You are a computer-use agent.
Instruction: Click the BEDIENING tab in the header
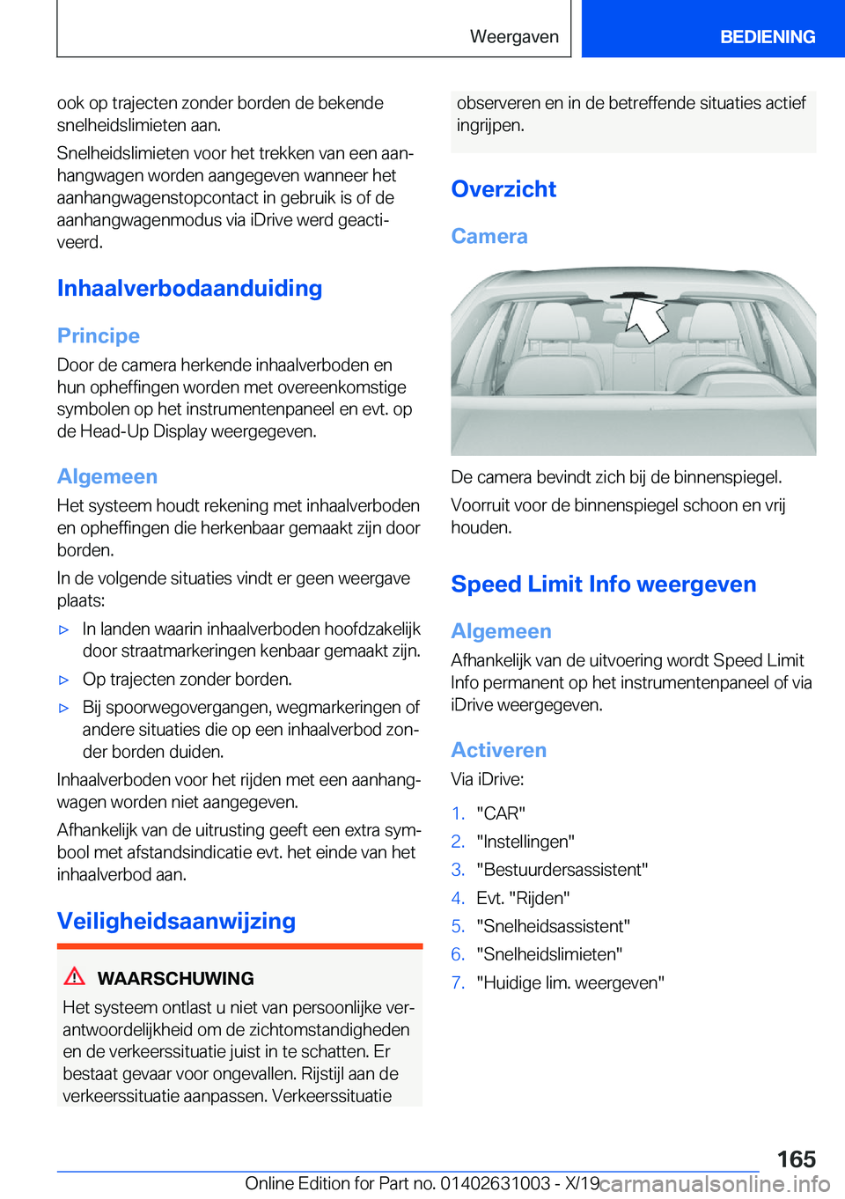click(x=767, y=37)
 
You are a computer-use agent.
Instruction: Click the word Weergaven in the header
click(x=514, y=37)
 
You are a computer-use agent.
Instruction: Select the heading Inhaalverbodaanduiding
click(x=189, y=289)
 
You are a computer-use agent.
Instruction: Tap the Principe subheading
click(x=99, y=336)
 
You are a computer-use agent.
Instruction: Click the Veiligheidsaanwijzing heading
click(x=176, y=922)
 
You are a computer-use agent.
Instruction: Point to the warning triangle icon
click(x=75, y=976)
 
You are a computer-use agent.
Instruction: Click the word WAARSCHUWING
click(x=175, y=979)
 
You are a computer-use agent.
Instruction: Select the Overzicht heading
click(x=503, y=189)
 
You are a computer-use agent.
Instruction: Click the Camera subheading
click(x=489, y=237)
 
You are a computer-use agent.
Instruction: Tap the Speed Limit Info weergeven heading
click(x=604, y=585)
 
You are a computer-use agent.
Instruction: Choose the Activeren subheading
click(x=498, y=751)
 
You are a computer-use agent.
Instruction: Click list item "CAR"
click(x=501, y=813)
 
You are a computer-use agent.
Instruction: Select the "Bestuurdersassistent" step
click(x=562, y=870)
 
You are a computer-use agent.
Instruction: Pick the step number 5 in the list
click(x=458, y=926)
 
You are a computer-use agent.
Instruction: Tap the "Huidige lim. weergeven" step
click(x=570, y=982)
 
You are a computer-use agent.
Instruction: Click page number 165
click(x=796, y=1159)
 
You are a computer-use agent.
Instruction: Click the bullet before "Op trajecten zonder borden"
click(x=63, y=680)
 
